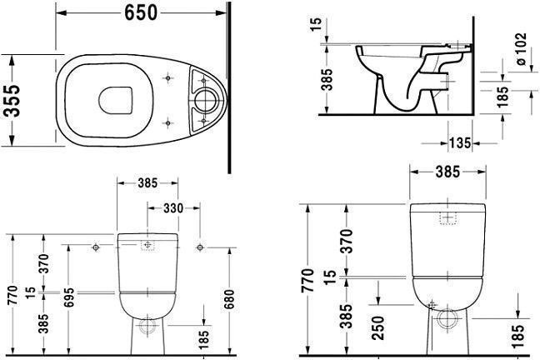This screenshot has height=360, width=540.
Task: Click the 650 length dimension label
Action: [x=141, y=12]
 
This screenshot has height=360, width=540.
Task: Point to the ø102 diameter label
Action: [x=521, y=49]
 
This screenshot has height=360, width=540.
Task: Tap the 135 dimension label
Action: [x=460, y=142]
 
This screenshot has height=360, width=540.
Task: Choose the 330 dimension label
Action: [x=173, y=208]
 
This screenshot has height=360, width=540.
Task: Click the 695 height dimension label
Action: [x=69, y=297]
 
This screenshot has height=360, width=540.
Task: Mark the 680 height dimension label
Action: [x=229, y=299]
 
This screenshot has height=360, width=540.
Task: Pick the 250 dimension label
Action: [x=378, y=328]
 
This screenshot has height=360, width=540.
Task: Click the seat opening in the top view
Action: [x=116, y=100]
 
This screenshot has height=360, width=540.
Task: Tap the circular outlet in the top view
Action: [x=206, y=100]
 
